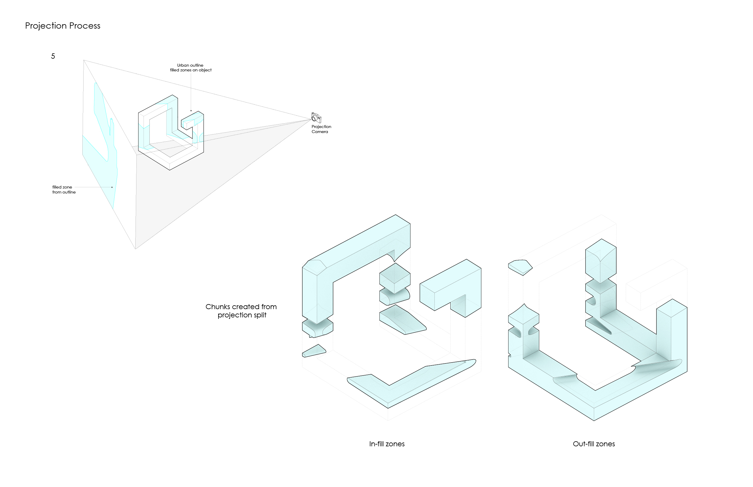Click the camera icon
click(316, 118)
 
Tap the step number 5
click(53, 56)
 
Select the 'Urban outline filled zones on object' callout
click(190, 68)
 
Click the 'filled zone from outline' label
click(63, 190)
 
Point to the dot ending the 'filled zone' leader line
click(112, 187)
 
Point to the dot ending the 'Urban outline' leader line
click(191, 111)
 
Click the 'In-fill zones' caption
click(387, 444)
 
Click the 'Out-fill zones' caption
click(594, 444)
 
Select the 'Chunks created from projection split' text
click(241, 311)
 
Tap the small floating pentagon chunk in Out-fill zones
click(520, 266)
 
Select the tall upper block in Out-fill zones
click(601, 261)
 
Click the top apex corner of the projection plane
click(84, 60)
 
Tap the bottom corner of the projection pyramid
click(136, 249)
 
